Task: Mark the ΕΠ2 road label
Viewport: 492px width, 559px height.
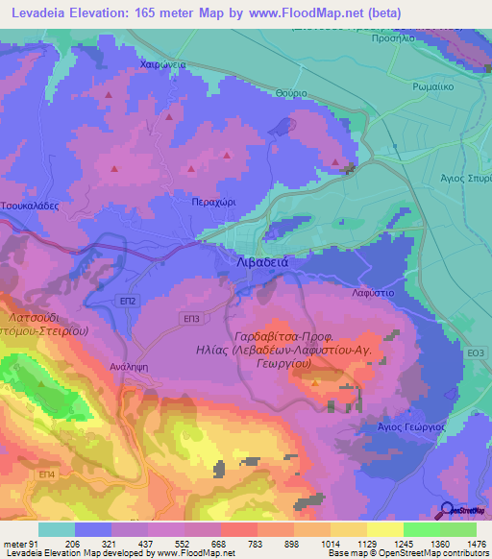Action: pos(127,301)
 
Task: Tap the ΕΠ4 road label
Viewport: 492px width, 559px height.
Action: pos(46,474)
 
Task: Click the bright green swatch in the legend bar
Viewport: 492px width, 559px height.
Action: pos(420,529)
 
